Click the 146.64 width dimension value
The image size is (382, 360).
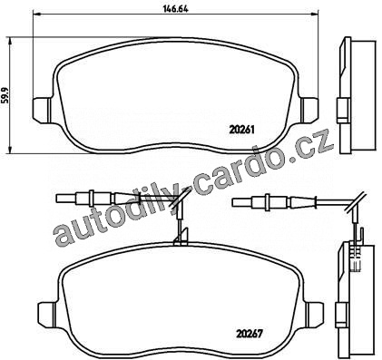click(x=175, y=9)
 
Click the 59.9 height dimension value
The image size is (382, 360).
click(x=5, y=95)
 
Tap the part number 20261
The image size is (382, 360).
click(x=242, y=130)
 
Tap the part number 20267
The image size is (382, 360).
click(x=248, y=334)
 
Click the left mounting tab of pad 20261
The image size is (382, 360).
click(x=42, y=110)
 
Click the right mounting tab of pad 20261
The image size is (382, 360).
click(x=309, y=110)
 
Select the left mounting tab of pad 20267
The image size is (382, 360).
click(x=47, y=315)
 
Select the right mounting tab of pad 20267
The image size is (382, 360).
click(x=314, y=315)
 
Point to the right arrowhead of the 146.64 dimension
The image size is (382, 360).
click(x=315, y=14)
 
